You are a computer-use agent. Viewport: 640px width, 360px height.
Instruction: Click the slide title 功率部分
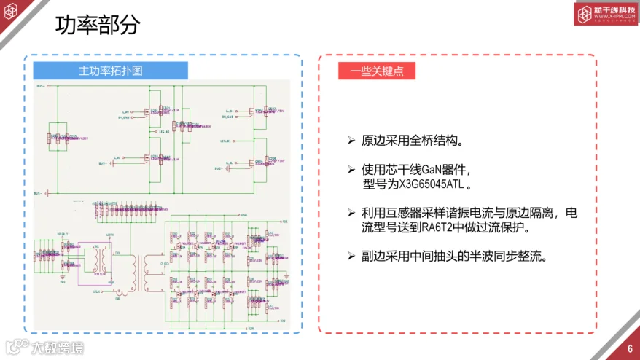pos(98,26)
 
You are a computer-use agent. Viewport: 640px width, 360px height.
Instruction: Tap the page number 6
pos(629,348)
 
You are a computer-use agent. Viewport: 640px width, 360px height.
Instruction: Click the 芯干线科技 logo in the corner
pos(606,14)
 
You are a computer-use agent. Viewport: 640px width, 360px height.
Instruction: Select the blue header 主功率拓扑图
pos(111,71)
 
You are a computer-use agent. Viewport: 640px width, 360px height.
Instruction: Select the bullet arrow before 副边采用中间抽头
pos(351,256)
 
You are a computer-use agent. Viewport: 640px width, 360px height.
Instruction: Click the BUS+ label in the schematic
pos(42,85)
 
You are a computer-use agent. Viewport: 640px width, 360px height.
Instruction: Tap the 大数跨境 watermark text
pos(57,348)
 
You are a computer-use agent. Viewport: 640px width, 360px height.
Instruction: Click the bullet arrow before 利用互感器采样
pos(351,213)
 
